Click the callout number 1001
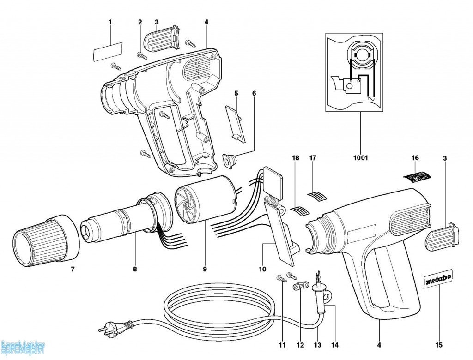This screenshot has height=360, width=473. pyautogui.click(x=360, y=158)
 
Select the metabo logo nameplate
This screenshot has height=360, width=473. pyautogui.click(x=437, y=278)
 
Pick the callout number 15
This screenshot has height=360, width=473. pyautogui.click(x=439, y=345)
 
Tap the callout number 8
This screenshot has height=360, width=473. pyautogui.click(x=135, y=269)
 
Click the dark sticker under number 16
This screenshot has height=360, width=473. pyautogui.click(x=418, y=176)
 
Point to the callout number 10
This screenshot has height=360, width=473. pyautogui.click(x=263, y=269)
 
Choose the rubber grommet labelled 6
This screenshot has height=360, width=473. pyautogui.click(x=230, y=160)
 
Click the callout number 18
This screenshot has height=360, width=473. pyautogui.click(x=296, y=158)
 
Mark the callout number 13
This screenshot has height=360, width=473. pyautogui.click(x=317, y=345)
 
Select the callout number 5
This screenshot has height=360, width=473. pyautogui.click(x=236, y=93)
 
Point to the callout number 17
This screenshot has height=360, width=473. pyautogui.click(x=313, y=158)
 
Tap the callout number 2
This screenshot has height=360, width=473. pyautogui.click(x=140, y=22)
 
